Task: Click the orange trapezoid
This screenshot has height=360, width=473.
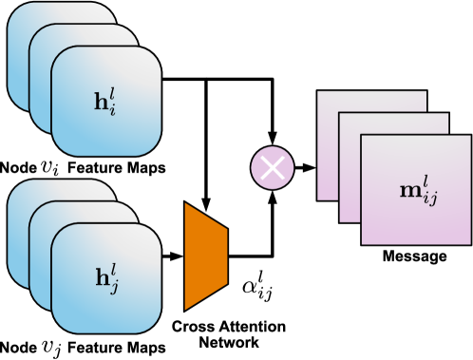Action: click(x=205, y=256)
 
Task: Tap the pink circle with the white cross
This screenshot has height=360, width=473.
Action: click(x=273, y=168)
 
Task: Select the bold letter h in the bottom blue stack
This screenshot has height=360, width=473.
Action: click(x=102, y=279)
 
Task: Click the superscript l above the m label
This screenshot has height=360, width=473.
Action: click(x=426, y=180)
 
